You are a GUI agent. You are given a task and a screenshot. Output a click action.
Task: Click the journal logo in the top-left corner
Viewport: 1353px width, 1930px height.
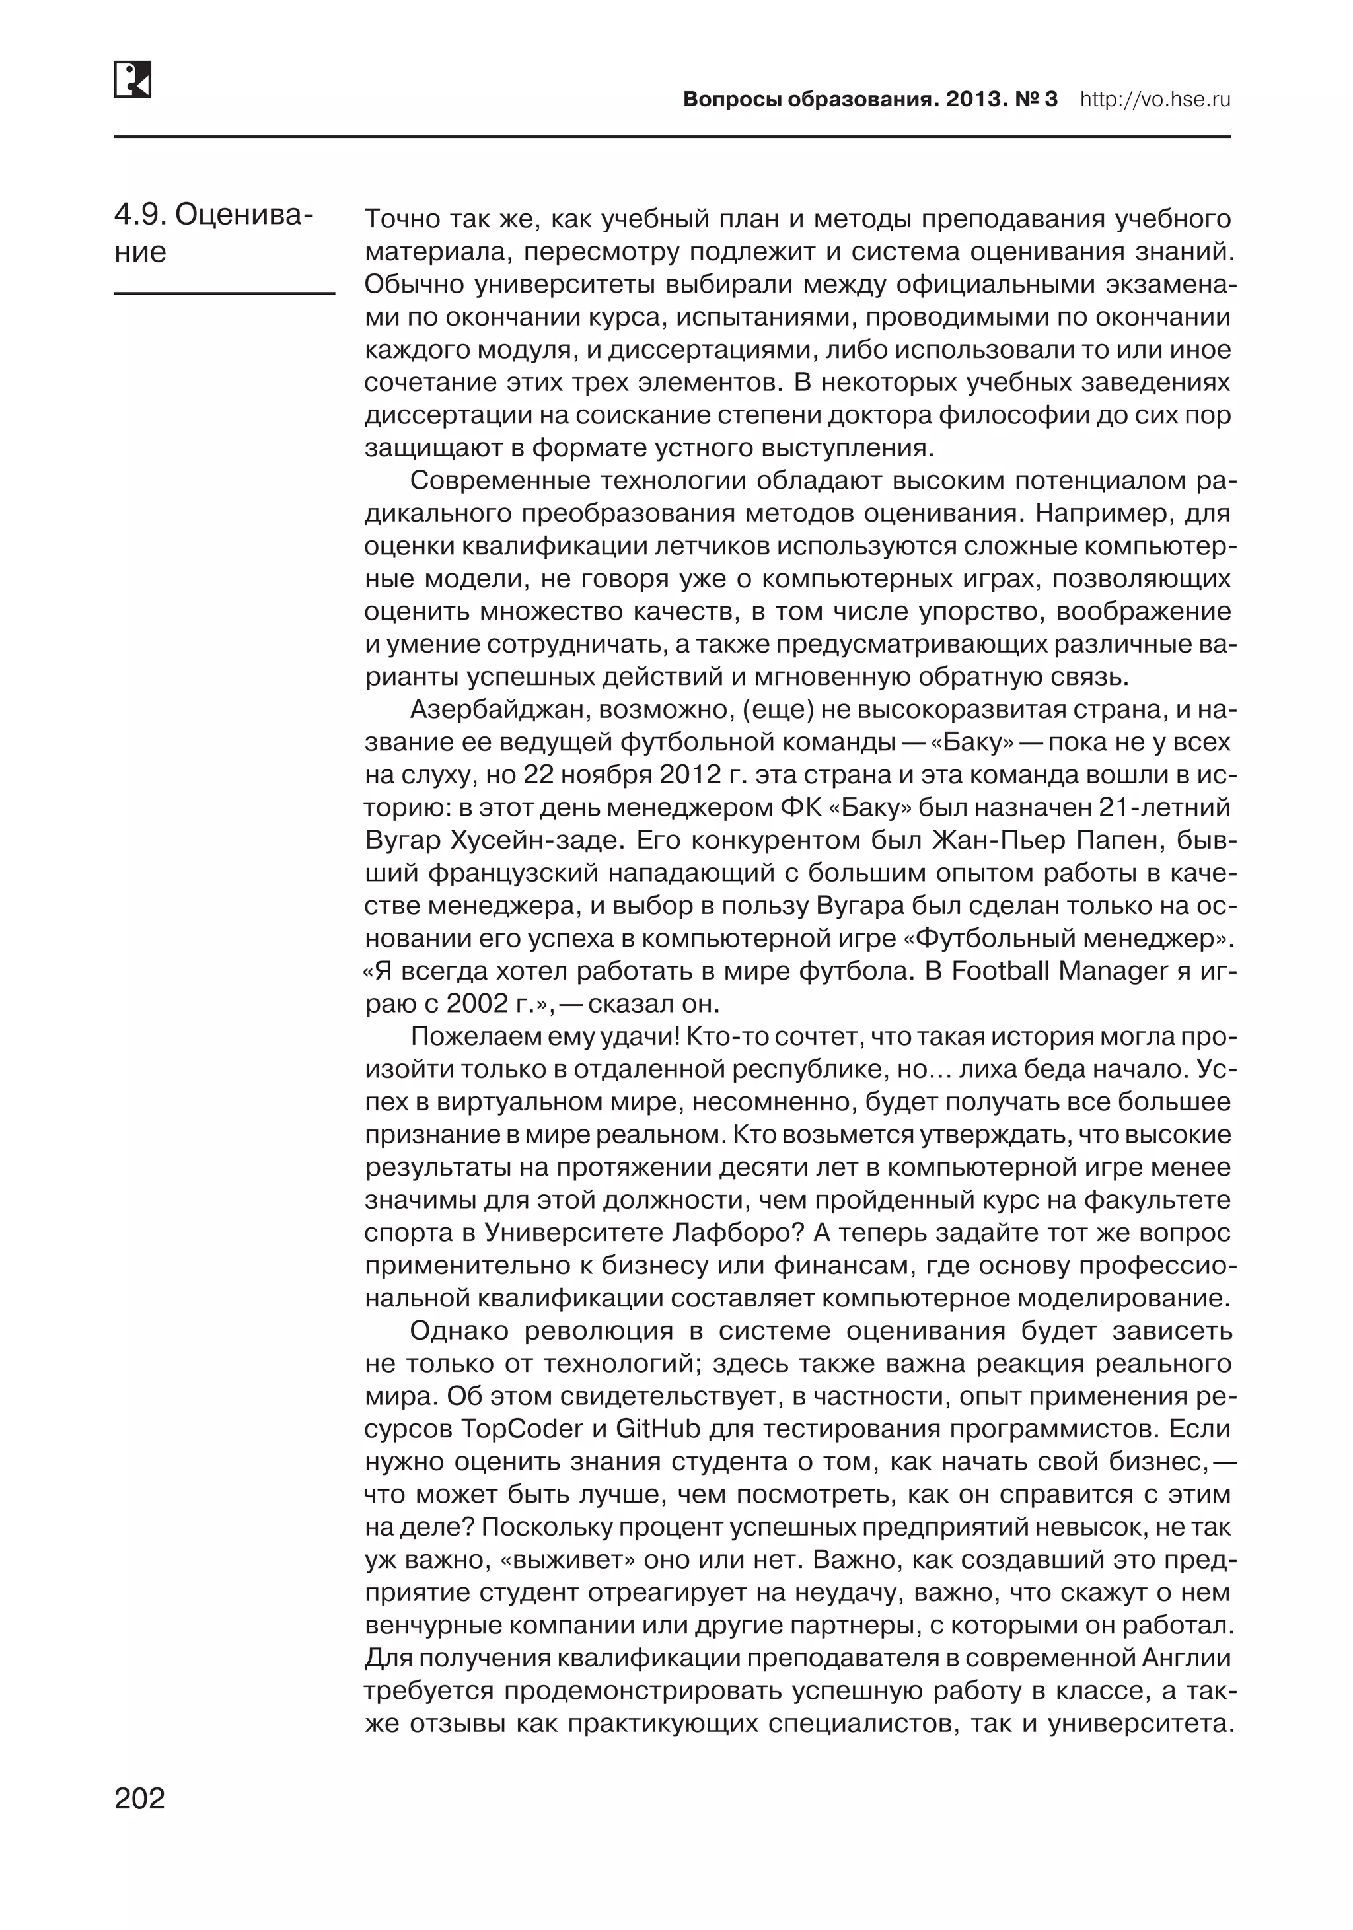point(132,79)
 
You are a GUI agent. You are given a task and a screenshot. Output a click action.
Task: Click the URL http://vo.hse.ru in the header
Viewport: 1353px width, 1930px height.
point(1155,100)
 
